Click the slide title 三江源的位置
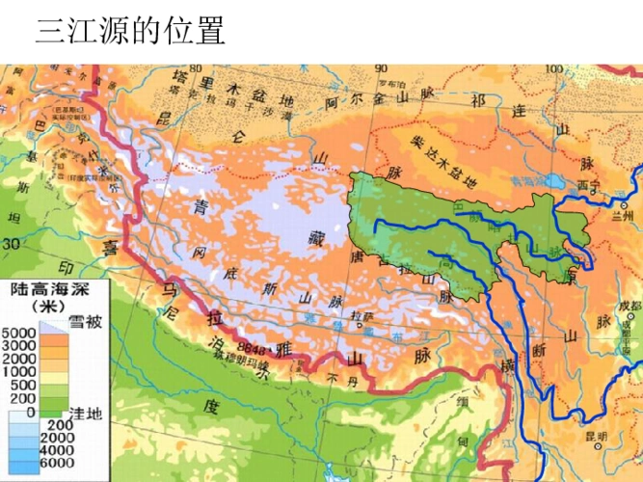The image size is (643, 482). point(130,32)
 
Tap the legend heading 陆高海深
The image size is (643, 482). point(56,290)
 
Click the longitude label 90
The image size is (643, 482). point(380,68)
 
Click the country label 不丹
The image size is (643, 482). point(335,377)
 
